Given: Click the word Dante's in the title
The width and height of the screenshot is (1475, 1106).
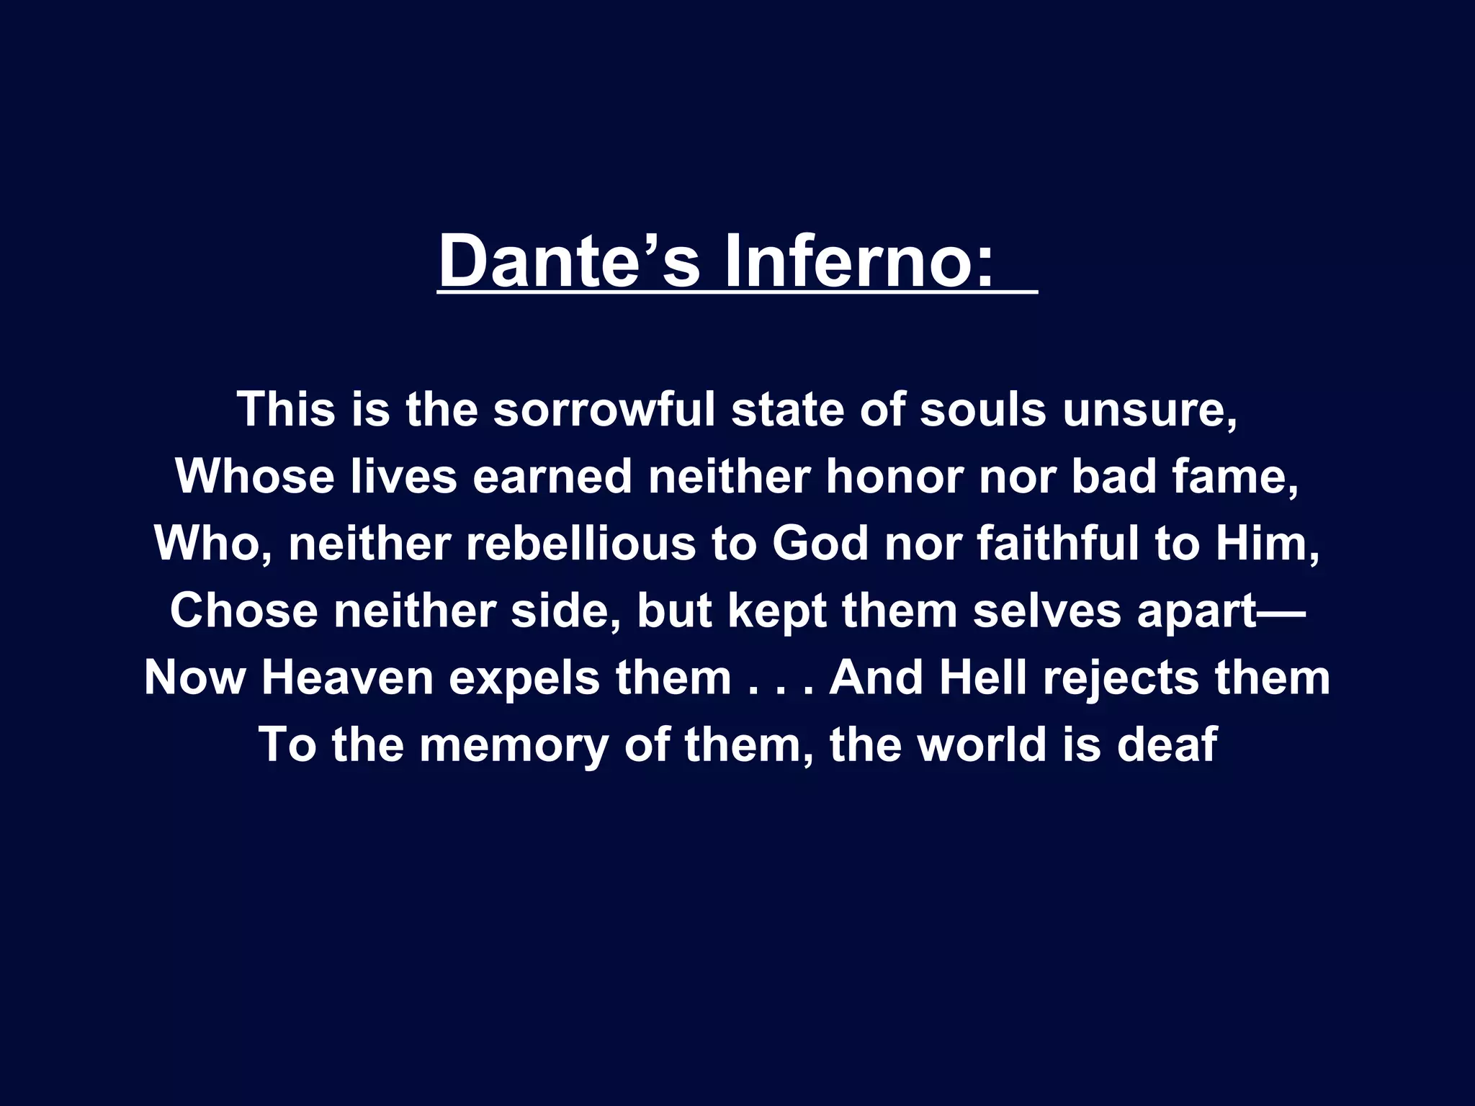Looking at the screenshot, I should (569, 261).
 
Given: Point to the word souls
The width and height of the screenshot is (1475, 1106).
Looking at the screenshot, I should (982, 410).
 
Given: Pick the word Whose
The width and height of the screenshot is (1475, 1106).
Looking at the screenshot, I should (255, 477).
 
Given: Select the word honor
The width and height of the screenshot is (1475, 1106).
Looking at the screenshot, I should (894, 477).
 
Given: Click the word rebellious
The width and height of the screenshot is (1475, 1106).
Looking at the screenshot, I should (580, 544).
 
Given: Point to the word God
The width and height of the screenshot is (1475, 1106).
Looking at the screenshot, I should (820, 544).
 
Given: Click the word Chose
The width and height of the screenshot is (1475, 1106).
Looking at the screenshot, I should (243, 611).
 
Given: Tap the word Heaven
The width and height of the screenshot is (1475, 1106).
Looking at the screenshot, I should (347, 678).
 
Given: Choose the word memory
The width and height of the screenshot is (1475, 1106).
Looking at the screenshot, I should (514, 746).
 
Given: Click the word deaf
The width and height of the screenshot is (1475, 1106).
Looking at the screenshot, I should (1166, 745).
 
